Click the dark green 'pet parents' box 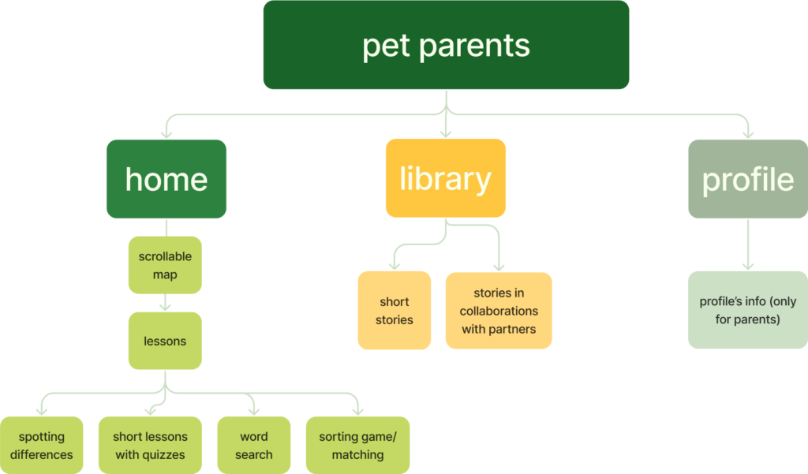point(446,45)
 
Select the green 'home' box point(166,179)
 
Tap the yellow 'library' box point(445,178)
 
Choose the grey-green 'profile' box point(747,179)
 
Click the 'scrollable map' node point(165,265)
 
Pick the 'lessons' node point(165,342)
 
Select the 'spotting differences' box point(42,446)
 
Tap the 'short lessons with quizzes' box point(150,446)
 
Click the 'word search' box point(253,446)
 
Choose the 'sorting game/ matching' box point(357,446)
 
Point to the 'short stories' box point(395,310)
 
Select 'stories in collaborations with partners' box point(499,310)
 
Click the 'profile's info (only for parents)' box point(747,310)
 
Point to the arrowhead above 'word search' point(253,410)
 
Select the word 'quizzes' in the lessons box point(164,454)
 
